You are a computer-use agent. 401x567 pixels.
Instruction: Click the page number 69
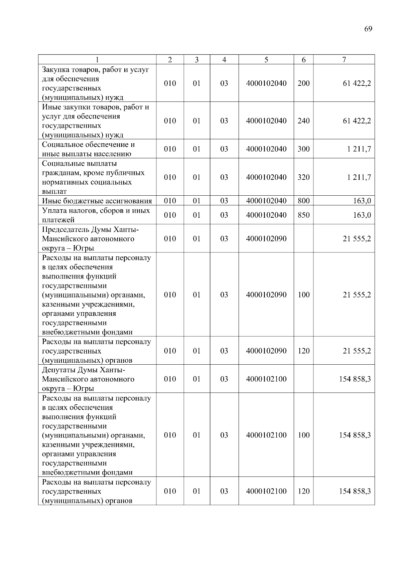(x=368, y=29)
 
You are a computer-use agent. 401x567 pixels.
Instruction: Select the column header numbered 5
(x=266, y=60)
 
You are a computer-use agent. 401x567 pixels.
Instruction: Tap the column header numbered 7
(x=344, y=60)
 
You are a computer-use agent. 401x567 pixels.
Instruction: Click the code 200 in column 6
(x=303, y=83)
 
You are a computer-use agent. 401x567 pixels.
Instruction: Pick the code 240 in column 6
(x=303, y=121)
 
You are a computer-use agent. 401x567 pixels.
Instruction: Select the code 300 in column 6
(x=303, y=149)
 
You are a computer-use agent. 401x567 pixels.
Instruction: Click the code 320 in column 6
(x=303, y=177)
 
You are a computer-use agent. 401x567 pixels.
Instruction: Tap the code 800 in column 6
(x=303, y=201)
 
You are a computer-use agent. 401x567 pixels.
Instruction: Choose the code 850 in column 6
(x=303, y=215)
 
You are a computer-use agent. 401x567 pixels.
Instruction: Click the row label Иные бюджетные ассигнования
(x=97, y=201)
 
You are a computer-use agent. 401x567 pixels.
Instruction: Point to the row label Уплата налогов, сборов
(x=96, y=211)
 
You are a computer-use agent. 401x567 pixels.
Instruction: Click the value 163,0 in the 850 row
(x=362, y=215)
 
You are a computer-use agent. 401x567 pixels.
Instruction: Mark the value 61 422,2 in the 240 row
(x=357, y=121)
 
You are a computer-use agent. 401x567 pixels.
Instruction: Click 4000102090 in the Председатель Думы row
(x=266, y=239)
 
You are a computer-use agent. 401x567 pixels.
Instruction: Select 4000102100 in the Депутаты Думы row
(x=266, y=379)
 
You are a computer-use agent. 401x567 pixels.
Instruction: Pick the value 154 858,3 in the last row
(x=355, y=491)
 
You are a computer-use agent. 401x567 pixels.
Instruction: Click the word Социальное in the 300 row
(x=62, y=145)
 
